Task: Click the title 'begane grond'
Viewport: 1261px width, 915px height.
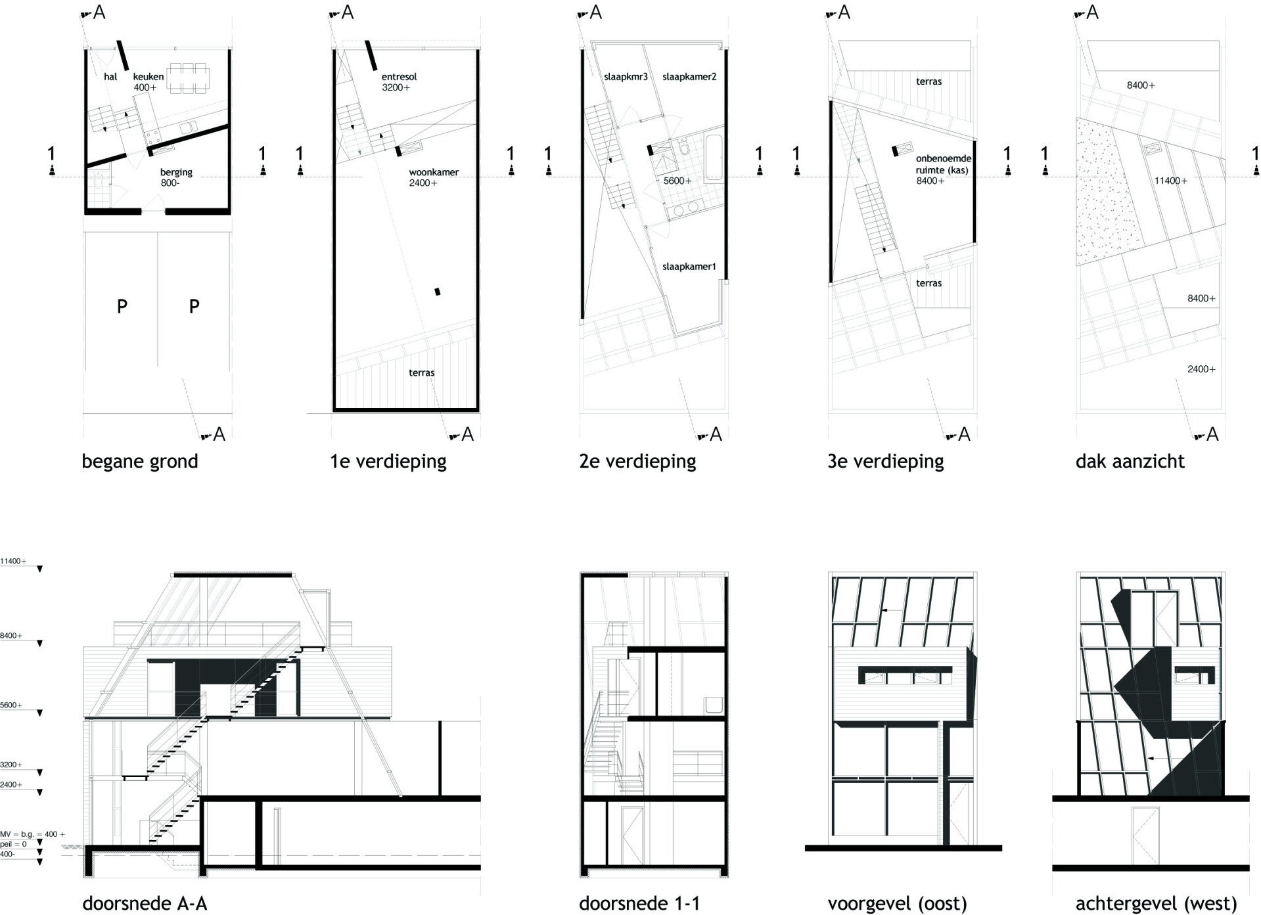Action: [x=139, y=461]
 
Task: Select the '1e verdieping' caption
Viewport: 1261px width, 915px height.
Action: [x=388, y=461]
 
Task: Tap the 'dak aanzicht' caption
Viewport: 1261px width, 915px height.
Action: [x=1130, y=461]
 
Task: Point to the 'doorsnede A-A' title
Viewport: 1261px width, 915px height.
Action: [x=145, y=904]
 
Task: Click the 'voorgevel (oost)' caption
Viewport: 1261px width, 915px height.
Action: [x=897, y=904]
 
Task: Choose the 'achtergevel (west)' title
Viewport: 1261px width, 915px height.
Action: [x=1156, y=904]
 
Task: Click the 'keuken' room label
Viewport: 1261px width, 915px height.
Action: [x=148, y=77]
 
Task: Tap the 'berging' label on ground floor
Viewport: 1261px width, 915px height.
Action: [x=176, y=172]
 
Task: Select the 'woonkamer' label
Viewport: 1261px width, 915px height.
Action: [x=433, y=172]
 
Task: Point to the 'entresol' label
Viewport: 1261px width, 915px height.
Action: [x=399, y=77]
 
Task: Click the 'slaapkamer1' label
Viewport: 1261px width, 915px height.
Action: [x=689, y=267]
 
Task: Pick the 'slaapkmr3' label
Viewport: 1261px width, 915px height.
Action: [x=626, y=77]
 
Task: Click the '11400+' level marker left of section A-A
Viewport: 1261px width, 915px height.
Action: [x=13, y=562]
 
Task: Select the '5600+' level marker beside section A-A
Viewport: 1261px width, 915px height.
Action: [x=11, y=705]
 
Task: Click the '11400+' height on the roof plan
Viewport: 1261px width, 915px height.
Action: [x=1170, y=181]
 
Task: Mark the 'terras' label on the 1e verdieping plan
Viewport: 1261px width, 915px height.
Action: [x=421, y=372]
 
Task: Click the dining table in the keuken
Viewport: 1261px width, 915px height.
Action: [x=188, y=78]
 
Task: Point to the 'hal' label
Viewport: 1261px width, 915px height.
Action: [x=110, y=77]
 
